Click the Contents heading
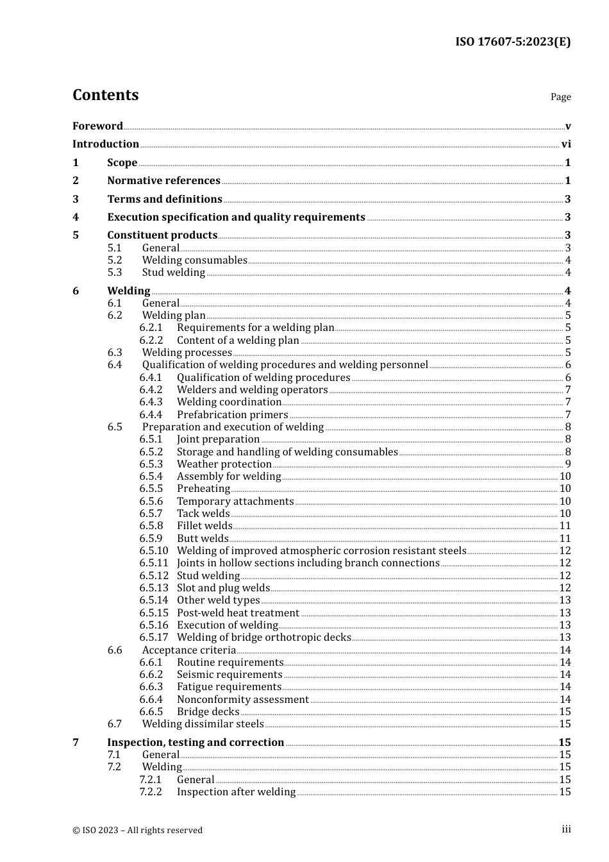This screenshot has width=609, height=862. click(105, 95)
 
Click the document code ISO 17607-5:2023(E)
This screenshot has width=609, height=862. click(513, 42)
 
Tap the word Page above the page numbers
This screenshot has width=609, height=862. click(560, 97)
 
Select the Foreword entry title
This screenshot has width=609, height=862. click(97, 126)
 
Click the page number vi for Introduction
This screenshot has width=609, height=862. click(566, 144)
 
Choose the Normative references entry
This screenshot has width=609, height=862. click(163, 181)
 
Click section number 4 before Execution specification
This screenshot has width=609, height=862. click(76, 217)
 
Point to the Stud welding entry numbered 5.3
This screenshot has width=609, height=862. click(174, 273)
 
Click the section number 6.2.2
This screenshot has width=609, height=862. click(151, 341)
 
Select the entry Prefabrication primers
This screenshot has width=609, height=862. click(232, 415)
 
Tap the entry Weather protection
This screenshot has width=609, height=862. click(224, 464)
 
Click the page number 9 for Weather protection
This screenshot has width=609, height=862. click(568, 464)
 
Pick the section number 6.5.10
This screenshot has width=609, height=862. click(154, 551)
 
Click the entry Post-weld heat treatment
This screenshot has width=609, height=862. click(238, 613)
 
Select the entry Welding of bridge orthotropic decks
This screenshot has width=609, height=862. click(263, 638)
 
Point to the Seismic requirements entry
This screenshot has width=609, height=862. click(229, 675)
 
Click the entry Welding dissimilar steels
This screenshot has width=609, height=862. click(203, 724)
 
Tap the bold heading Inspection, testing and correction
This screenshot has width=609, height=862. click(196, 743)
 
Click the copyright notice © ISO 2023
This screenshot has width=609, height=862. click(137, 831)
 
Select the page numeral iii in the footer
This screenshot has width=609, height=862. click(566, 829)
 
